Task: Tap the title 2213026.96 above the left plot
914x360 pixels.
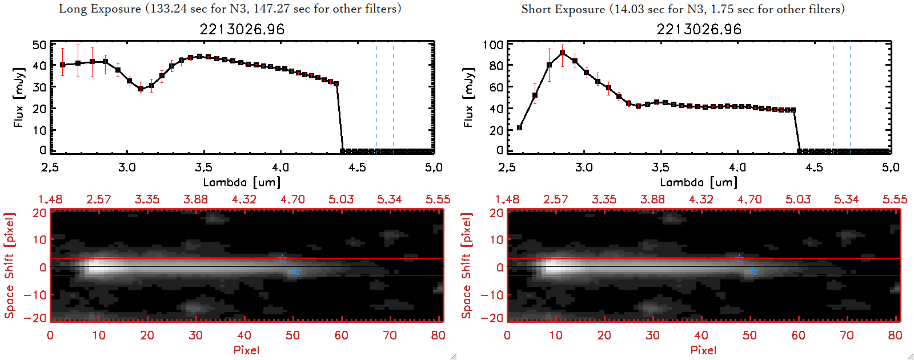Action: [x=242, y=29]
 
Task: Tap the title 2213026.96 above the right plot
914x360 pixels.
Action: [x=699, y=29]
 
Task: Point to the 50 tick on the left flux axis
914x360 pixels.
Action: [x=39, y=45]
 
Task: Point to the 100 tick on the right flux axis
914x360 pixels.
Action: [x=493, y=45]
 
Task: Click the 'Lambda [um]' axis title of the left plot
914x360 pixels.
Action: [x=242, y=182]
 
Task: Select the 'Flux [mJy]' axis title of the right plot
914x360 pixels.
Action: [x=469, y=98]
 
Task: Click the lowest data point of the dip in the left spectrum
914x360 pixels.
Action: [x=141, y=89]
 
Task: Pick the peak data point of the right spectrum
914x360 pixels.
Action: [x=563, y=53]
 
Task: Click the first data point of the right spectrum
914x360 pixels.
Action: [x=519, y=128]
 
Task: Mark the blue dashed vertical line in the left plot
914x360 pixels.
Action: [x=393, y=97]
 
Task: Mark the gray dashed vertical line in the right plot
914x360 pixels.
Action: [x=833, y=97]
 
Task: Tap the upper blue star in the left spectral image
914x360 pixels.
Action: [x=282, y=259]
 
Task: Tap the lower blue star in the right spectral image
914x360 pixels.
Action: [x=753, y=272]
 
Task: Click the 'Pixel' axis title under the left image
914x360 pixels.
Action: [x=246, y=350]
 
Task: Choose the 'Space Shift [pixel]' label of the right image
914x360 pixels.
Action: [x=467, y=266]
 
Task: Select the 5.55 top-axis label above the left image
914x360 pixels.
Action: [x=438, y=199]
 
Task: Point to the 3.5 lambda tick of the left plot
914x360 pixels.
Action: [x=203, y=167]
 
